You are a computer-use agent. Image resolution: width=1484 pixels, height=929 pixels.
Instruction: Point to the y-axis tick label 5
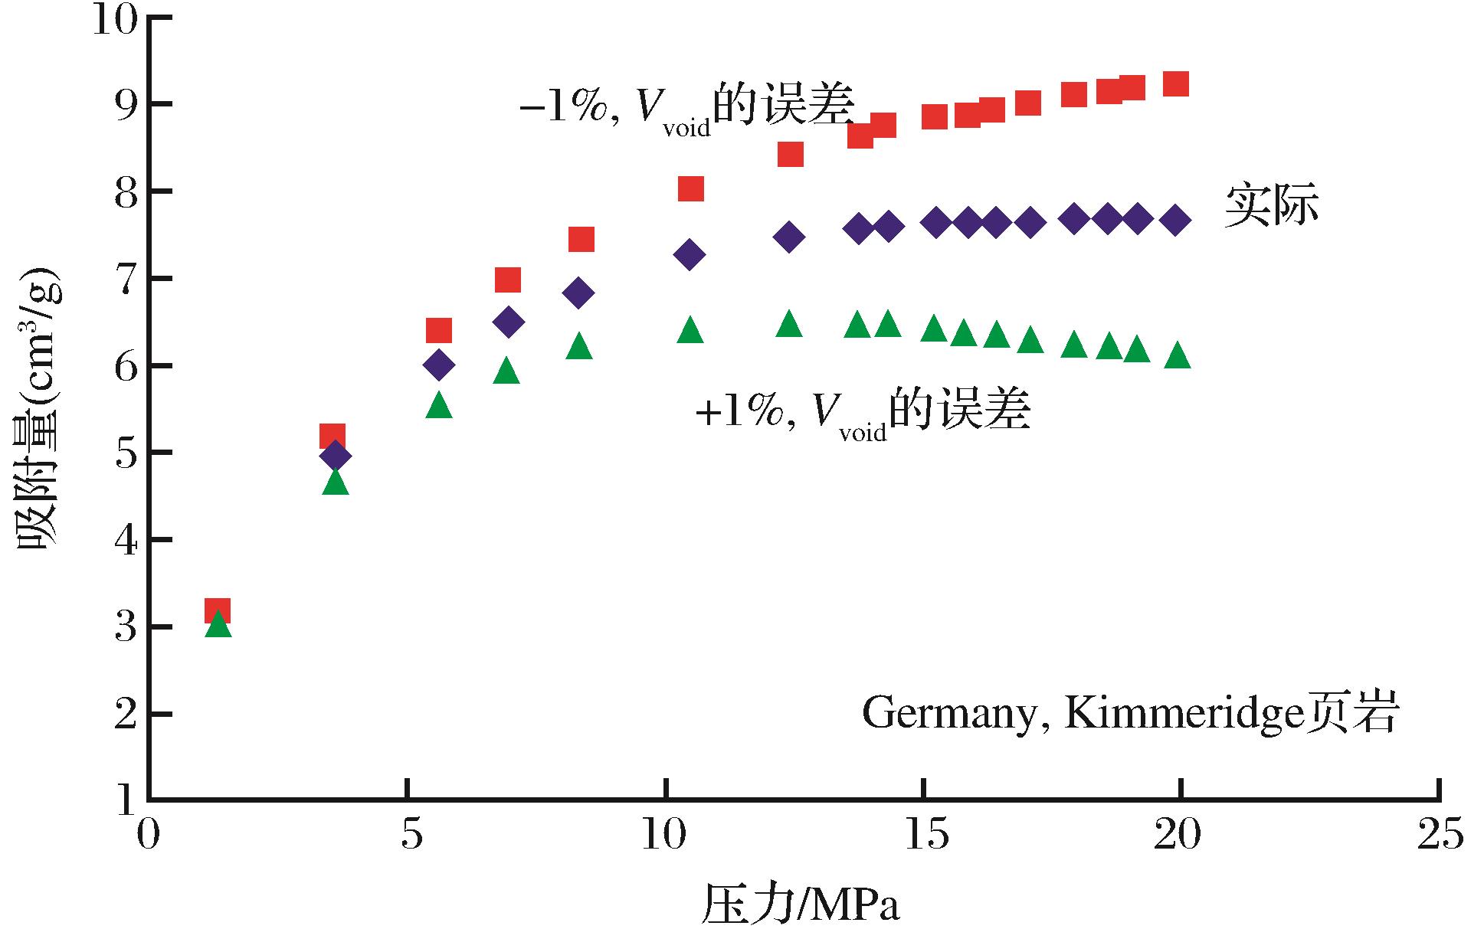126,453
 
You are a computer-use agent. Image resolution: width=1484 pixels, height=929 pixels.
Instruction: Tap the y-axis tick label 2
126,715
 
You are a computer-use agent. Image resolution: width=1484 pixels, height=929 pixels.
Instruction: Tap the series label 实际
1271,206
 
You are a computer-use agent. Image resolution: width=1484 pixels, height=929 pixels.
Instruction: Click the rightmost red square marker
1175,83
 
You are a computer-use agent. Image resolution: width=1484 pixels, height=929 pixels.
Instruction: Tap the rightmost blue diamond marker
1175,221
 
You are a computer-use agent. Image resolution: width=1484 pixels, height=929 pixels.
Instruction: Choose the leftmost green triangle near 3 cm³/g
218,624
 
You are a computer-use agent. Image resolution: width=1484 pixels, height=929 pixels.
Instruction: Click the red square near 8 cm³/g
690,188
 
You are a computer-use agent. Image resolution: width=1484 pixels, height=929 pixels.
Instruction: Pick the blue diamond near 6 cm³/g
438,365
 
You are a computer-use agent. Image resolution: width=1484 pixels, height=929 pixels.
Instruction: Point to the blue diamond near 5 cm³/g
335,456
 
